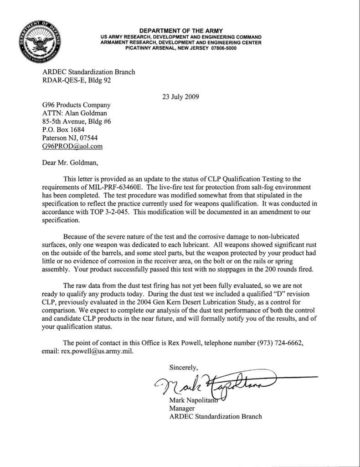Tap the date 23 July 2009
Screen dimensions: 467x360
click(x=180, y=96)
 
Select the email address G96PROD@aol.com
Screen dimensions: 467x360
click(x=72, y=146)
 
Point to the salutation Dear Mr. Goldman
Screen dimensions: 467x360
click(x=70, y=161)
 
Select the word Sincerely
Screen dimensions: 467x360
click(x=184, y=366)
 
